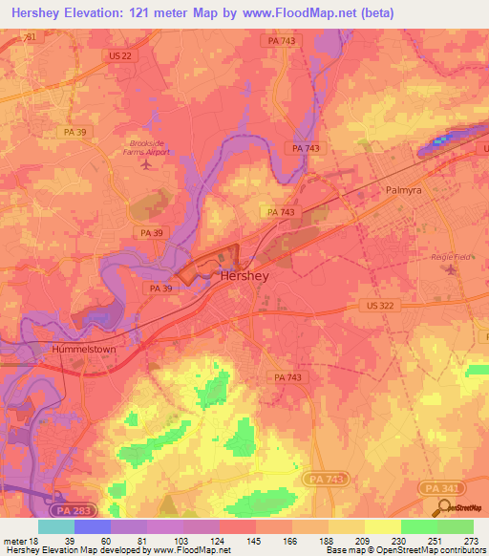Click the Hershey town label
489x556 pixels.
pyautogui.click(x=244, y=275)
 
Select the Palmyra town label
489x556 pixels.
pyautogui.click(x=404, y=190)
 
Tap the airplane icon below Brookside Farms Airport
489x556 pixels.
pyautogui.click(x=146, y=164)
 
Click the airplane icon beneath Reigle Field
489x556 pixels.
pyautogui.click(x=454, y=268)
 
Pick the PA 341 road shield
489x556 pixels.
pyautogui.click(x=435, y=487)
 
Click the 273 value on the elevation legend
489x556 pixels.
pyautogui.click(x=470, y=540)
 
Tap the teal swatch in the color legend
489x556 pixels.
pyautogui.click(x=56, y=526)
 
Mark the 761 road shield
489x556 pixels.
pyautogui.click(x=30, y=36)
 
